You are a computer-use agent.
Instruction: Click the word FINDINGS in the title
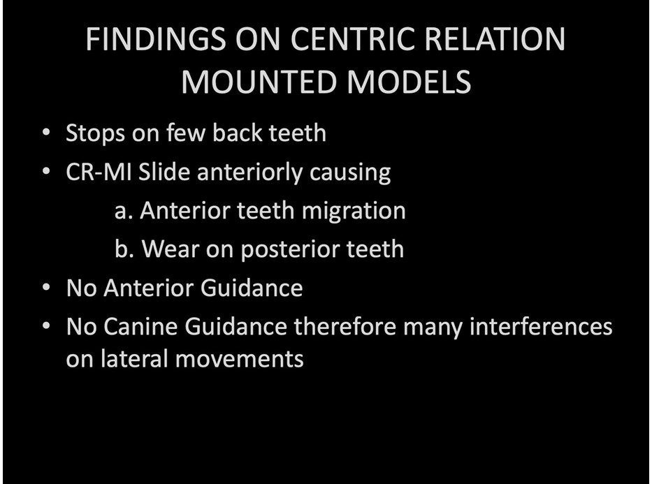156,38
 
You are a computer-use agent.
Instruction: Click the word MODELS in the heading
409,82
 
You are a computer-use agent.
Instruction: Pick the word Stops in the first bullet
95,133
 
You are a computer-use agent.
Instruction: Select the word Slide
164,171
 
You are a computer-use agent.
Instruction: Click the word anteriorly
249,172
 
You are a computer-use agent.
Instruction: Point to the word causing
349,173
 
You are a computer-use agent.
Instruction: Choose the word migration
354,211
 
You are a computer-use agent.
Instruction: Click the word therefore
345,326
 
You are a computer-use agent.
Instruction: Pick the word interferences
541,326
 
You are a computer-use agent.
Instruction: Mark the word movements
239,359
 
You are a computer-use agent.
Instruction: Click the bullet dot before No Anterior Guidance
46,288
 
